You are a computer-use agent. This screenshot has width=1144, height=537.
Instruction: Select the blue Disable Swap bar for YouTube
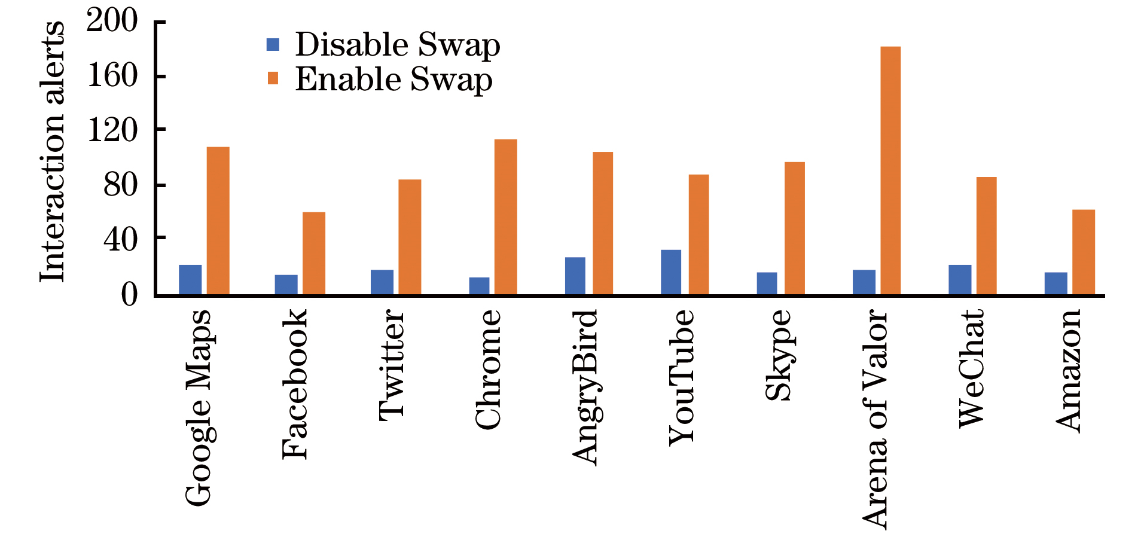pos(671,272)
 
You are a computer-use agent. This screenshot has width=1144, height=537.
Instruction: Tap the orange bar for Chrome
pos(506,217)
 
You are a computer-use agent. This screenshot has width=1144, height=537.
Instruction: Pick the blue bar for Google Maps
pos(190,280)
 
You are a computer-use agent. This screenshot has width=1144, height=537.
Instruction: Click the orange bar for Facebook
pos(314,254)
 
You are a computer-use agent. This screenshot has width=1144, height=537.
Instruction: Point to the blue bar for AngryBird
pos(575,276)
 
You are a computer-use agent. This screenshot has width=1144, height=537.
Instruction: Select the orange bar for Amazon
pos(1084,252)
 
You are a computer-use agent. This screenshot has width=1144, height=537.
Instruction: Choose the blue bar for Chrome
pos(479,286)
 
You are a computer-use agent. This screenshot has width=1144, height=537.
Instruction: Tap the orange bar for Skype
pos(795,228)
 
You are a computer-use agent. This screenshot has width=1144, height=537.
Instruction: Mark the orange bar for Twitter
pos(410,237)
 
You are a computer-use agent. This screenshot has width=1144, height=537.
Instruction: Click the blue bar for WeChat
pos(960,280)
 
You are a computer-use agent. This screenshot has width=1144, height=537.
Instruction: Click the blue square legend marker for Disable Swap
pos(273,44)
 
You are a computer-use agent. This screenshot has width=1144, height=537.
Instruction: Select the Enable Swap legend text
pos(393,80)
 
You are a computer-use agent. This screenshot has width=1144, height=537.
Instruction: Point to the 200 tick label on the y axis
pos(112,21)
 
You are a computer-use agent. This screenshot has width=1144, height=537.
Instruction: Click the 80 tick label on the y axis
pos(120,185)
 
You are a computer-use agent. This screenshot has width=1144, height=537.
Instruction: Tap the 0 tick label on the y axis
pos(129,294)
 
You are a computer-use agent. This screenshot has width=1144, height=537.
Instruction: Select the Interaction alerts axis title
pos(52,152)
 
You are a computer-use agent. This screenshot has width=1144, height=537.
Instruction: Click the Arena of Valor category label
pos(875,419)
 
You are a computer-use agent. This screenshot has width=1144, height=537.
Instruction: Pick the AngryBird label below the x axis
pos(585,388)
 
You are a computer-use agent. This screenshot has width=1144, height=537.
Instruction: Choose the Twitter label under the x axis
pos(392,365)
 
